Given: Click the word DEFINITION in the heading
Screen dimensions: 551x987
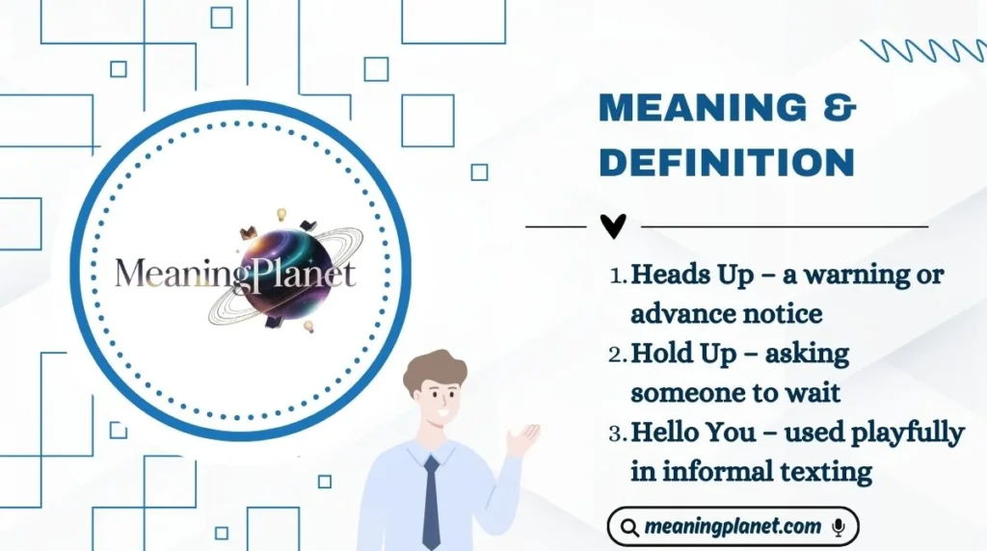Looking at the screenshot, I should point(726,162).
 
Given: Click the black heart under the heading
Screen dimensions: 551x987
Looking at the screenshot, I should point(613,226).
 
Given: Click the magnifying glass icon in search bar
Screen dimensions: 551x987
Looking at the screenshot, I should point(629,528).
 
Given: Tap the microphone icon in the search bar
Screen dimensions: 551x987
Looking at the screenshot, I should point(839,527).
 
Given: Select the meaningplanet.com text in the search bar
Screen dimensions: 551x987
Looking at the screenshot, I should point(733,527).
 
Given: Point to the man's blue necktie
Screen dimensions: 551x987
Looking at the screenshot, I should point(431,501).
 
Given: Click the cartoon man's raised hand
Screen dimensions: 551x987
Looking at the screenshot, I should point(521,440).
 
